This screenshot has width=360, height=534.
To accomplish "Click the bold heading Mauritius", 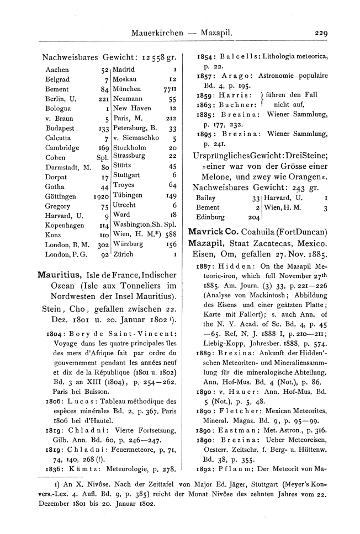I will [60, 274].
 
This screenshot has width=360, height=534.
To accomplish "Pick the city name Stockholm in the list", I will [130, 147].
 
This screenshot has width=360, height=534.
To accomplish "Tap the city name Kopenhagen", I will [65, 225].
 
